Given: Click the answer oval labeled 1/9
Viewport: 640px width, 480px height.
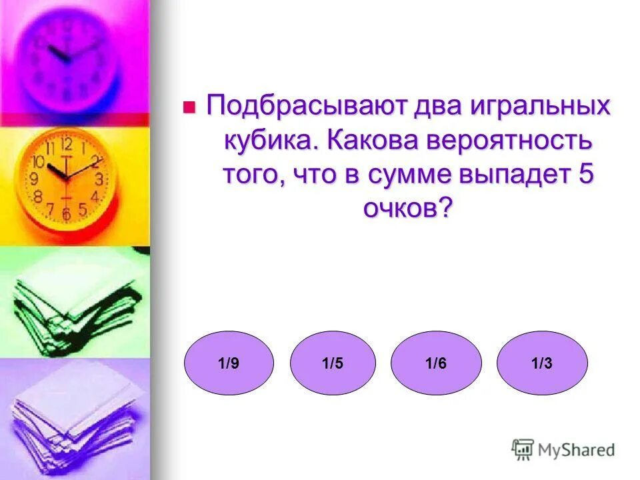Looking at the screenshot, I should [x=229, y=363].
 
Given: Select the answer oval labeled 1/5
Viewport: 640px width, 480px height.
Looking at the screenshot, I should [x=333, y=363].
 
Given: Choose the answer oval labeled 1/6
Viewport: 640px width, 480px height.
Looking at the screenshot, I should [x=436, y=363].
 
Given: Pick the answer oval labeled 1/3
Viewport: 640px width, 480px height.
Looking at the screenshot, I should [x=542, y=363].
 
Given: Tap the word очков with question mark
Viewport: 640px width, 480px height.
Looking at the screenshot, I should [x=407, y=209].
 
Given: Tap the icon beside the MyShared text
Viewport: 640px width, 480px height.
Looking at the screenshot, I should [x=523, y=449].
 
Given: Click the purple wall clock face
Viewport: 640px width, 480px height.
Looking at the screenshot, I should [x=67, y=57].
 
